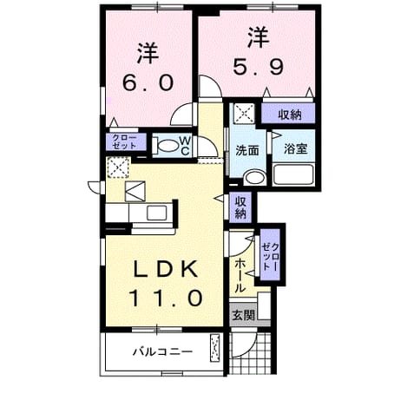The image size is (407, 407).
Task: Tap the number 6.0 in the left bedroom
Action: (x=148, y=82)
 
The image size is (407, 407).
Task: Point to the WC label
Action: (x=185, y=146)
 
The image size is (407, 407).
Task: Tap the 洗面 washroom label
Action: (x=247, y=150)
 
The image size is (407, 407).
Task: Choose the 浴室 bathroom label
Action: (x=295, y=148)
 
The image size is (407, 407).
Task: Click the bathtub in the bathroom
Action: (x=293, y=174)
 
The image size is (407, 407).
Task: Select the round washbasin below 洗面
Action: (x=254, y=178)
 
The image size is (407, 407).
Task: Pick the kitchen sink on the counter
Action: (x=157, y=213)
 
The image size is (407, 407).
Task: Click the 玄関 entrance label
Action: (x=244, y=315)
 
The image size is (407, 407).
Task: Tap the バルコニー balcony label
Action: (x=162, y=351)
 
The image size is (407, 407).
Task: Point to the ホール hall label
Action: (x=240, y=276)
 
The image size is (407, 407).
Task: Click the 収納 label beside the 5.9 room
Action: (x=290, y=115)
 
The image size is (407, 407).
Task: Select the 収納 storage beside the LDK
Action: (x=240, y=207)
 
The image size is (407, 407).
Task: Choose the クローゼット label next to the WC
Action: (x=125, y=141)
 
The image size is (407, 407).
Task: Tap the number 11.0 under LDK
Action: (x=166, y=298)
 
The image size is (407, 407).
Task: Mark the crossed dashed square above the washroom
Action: (x=244, y=113)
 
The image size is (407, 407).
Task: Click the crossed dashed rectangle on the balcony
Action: (x=214, y=348)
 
